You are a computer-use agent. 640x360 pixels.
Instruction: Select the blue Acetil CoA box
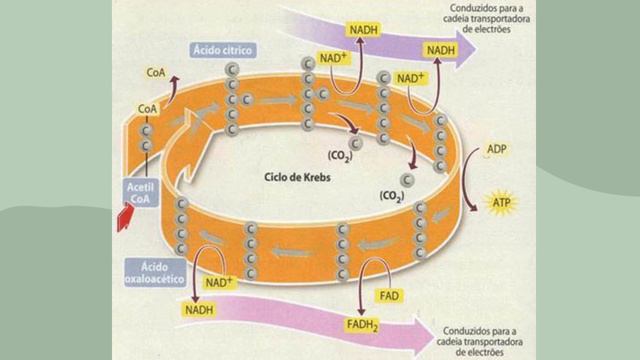(138, 190)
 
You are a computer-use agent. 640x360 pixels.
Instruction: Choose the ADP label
(497, 149)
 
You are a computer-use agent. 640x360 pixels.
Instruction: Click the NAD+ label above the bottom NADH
(218, 283)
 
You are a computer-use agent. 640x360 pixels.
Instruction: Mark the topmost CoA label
(156, 73)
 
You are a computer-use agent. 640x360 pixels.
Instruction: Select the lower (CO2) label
(391, 197)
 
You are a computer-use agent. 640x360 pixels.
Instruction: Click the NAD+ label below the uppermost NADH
(332, 59)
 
